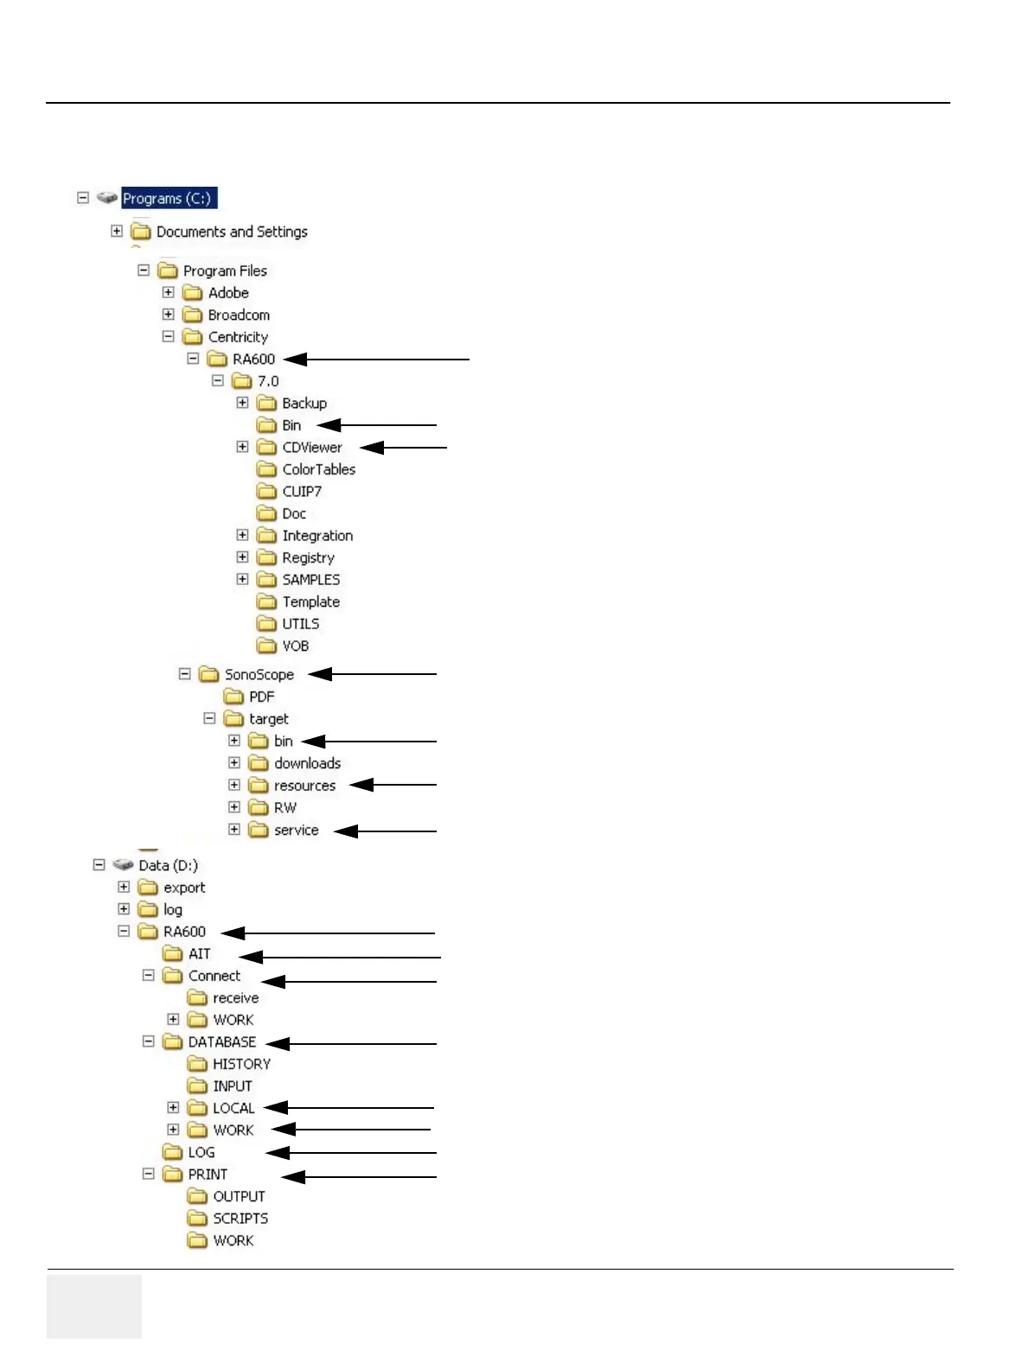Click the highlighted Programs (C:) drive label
(167, 199)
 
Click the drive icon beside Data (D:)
(123, 865)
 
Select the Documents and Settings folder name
(232, 232)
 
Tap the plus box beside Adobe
(169, 293)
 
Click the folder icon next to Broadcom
(193, 315)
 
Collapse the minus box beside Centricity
(169, 337)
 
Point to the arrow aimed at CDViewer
(403, 448)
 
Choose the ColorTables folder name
(318, 469)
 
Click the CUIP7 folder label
(302, 492)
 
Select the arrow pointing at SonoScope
(372, 674)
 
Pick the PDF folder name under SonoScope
(261, 697)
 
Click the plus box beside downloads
(234, 763)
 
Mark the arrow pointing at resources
(393, 785)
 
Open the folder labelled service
(296, 831)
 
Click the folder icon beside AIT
(173, 954)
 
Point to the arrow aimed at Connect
(348, 982)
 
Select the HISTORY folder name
(241, 1064)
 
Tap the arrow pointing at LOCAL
(348, 1108)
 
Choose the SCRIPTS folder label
(240, 1219)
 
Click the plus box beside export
(124, 888)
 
